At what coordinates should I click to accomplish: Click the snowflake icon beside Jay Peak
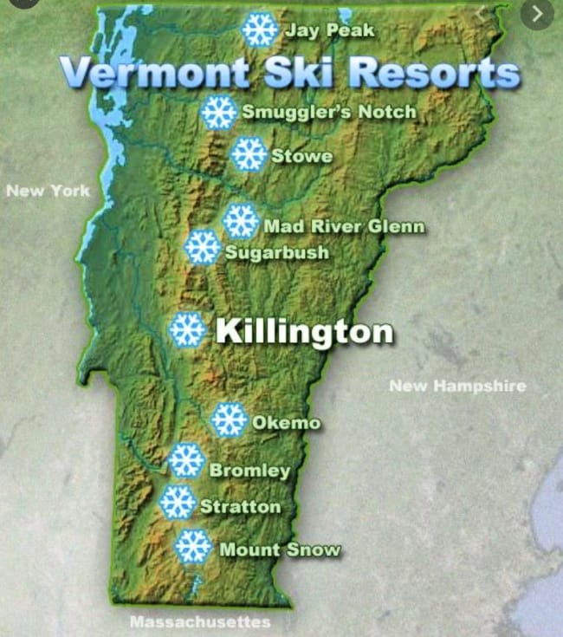click(258, 30)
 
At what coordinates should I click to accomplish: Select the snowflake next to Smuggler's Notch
click(219, 113)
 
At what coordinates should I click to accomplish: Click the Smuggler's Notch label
click(328, 112)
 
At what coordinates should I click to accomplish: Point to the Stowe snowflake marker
click(249, 154)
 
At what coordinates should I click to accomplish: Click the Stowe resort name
click(301, 157)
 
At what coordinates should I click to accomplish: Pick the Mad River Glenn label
click(344, 226)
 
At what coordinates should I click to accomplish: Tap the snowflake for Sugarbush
click(203, 248)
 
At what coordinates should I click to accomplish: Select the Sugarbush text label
click(276, 252)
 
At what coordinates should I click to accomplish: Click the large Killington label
click(303, 331)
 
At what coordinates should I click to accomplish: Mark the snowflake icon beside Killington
click(186, 330)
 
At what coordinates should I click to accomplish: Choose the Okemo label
click(286, 423)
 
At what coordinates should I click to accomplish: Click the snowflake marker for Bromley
click(186, 460)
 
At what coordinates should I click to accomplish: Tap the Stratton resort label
click(240, 506)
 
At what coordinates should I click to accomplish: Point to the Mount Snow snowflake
click(193, 547)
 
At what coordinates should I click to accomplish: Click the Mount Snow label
click(280, 549)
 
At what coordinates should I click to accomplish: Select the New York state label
click(48, 190)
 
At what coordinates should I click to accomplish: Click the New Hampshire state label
click(456, 386)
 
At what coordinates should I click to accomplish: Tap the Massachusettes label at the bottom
click(199, 621)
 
